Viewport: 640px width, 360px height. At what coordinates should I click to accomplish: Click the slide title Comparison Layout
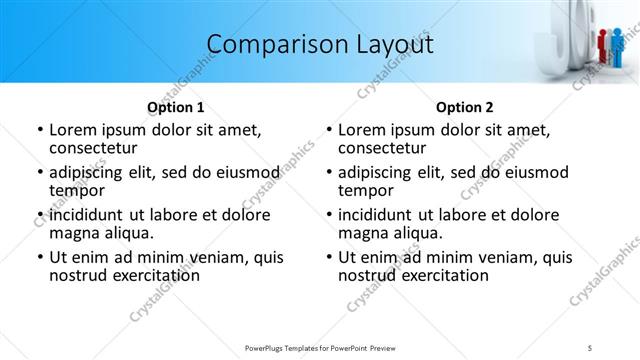click(x=320, y=44)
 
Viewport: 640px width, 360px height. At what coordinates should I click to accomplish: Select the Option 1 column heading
click(x=176, y=107)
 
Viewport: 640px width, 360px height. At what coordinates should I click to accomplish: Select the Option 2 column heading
click(x=465, y=107)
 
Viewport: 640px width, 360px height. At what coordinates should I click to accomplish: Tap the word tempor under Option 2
click(x=366, y=190)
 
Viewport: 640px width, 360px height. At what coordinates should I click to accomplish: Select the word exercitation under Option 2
click(x=440, y=275)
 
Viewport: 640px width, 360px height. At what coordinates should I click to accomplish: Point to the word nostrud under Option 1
click(x=78, y=275)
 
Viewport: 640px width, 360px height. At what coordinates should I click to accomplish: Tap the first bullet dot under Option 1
click(x=40, y=130)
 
